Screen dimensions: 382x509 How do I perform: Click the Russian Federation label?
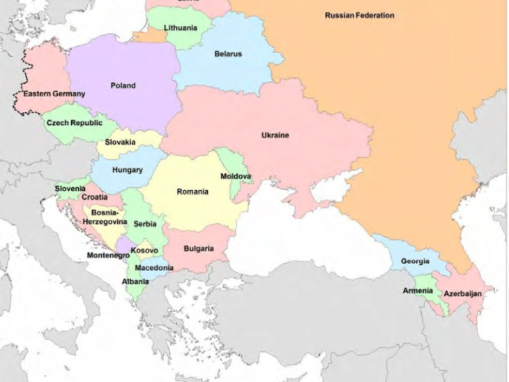pyautogui.click(x=359, y=15)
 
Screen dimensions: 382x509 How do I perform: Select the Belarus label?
pyautogui.click(x=228, y=54)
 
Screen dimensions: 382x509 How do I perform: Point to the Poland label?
pyautogui.click(x=123, y=86)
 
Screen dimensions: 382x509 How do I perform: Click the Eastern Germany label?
pyautogui.click(x=54, y=94)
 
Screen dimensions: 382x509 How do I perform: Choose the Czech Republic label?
pyautogui.click(x=74, y=123)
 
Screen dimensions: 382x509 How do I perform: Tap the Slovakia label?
pyautogui.click(x=121, y=142)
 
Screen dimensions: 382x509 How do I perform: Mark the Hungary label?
pyautogui.click(x=127, y=170)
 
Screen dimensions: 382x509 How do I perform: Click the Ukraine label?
pyautogui.click(x=275, y=135)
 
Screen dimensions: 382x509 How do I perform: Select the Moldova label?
pyautogui.click(x=236, y=177)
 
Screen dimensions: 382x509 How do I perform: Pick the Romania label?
pyautogui.click(x=192, y=192)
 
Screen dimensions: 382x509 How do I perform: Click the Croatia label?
pyautogui.click(x=95, y=198)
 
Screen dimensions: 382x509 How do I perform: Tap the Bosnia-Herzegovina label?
pyautogui.click(x=105, y=216)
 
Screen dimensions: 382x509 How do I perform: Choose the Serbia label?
pyautogui.click(x=145, y=224)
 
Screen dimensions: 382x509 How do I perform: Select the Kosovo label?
pyautogui.click(x=144, y=250)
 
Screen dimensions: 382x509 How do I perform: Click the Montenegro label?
pyautogui.click(x=108, y=256)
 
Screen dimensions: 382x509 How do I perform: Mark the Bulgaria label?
pyautogui.click(x=199, y=249)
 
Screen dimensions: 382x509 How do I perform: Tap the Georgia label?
pyautogui.click(x=415, y=262)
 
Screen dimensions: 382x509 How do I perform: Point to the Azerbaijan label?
pyautogui.click(x=462, y=294)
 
